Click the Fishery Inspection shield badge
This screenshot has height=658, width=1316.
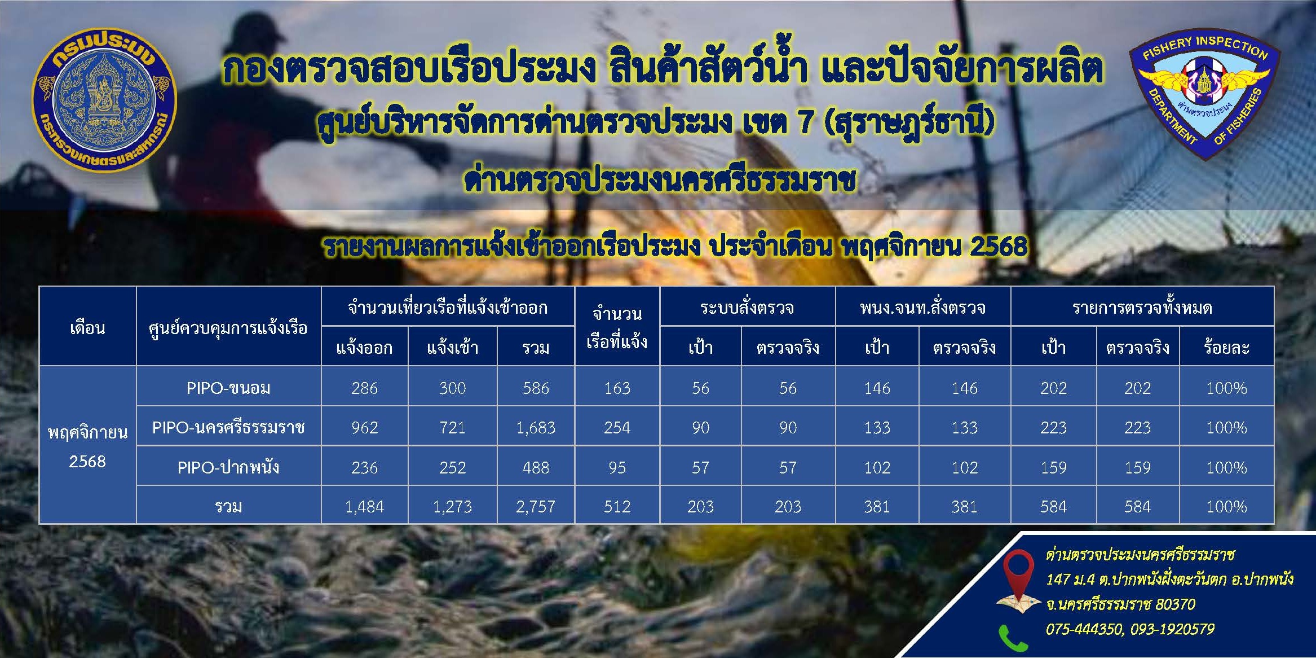1204,96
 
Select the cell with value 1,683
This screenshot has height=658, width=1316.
536,428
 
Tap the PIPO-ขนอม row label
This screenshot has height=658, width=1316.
228,388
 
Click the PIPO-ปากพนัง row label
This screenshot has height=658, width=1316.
228,467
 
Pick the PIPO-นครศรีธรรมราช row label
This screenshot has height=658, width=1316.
228,428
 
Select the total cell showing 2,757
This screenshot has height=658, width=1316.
536,507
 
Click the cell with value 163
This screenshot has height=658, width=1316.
617,388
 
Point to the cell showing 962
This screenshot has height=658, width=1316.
364,428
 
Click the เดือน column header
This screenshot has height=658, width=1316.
87,328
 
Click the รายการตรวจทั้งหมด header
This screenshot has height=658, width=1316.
1142,308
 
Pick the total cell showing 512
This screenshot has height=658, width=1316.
617,507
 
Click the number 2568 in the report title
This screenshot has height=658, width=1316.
998,247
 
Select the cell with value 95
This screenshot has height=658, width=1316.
617,467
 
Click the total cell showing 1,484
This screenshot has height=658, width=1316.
364,507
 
